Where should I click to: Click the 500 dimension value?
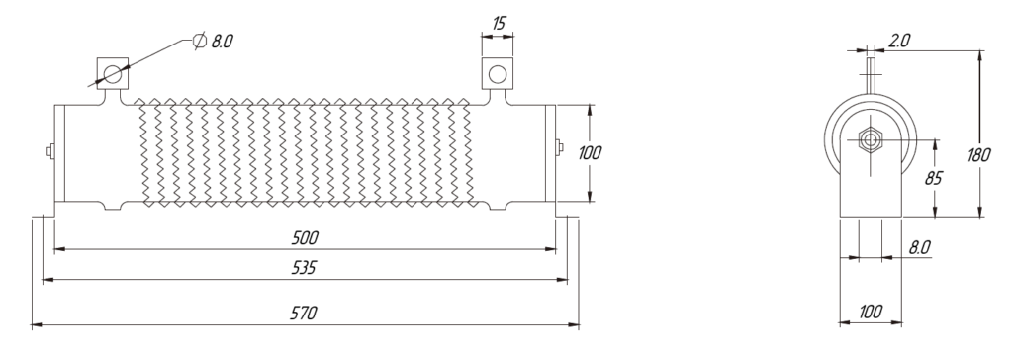[305, 237]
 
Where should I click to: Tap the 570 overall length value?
[303, 314]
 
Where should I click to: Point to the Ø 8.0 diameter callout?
[213, 42]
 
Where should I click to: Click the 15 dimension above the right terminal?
[499, 24]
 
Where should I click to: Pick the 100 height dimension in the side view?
[590, 153]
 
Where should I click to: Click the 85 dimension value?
[934, 178]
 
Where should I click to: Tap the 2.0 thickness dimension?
[898, 42]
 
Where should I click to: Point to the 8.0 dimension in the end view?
[919, 247]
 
